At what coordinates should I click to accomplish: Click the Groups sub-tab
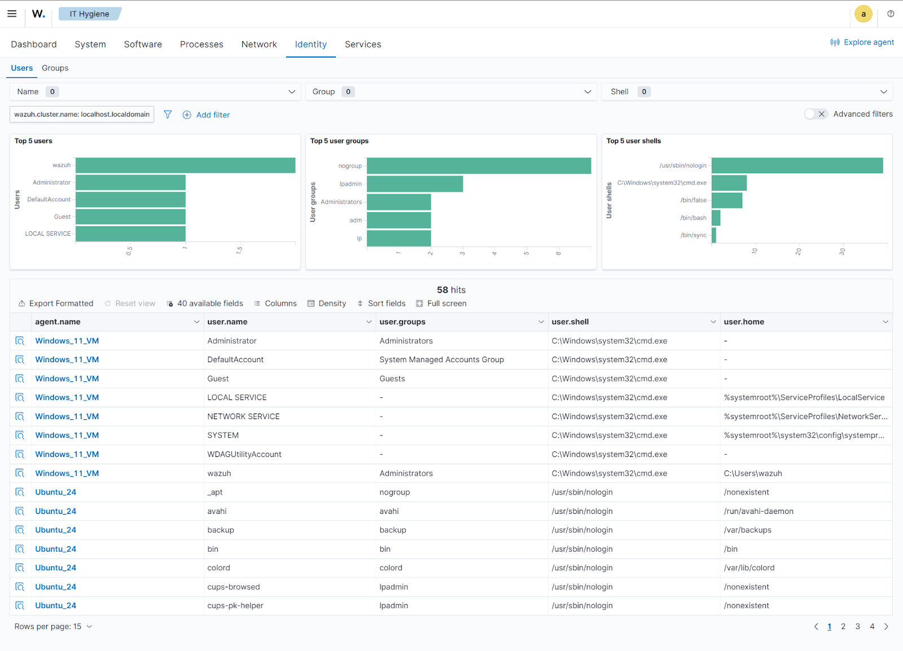(55, 68)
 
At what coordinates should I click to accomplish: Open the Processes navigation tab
(201, 45)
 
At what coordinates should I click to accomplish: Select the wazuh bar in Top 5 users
(185, 165)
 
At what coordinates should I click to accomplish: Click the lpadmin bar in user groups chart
(415, 184)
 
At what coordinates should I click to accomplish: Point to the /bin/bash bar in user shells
(716, 218)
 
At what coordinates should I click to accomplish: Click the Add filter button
(207, 115)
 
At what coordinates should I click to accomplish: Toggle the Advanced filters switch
(816, 114)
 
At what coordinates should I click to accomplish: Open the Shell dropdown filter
(747, 92)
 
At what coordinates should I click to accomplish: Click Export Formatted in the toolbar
(56, 303)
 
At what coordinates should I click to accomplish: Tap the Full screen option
(441, 303)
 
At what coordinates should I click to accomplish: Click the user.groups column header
(402, 322)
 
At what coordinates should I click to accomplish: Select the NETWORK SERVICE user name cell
(243, 416)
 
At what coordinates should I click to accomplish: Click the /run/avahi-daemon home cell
(759, 511)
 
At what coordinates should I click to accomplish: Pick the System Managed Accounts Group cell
(441, 360)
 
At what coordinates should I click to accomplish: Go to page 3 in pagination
(857, 627)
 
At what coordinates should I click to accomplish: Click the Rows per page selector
(53, 627)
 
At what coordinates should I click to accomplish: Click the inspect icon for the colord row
(20, 568)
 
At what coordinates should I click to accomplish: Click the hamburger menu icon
(12, 14)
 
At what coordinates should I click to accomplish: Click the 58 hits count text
(451, 290)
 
